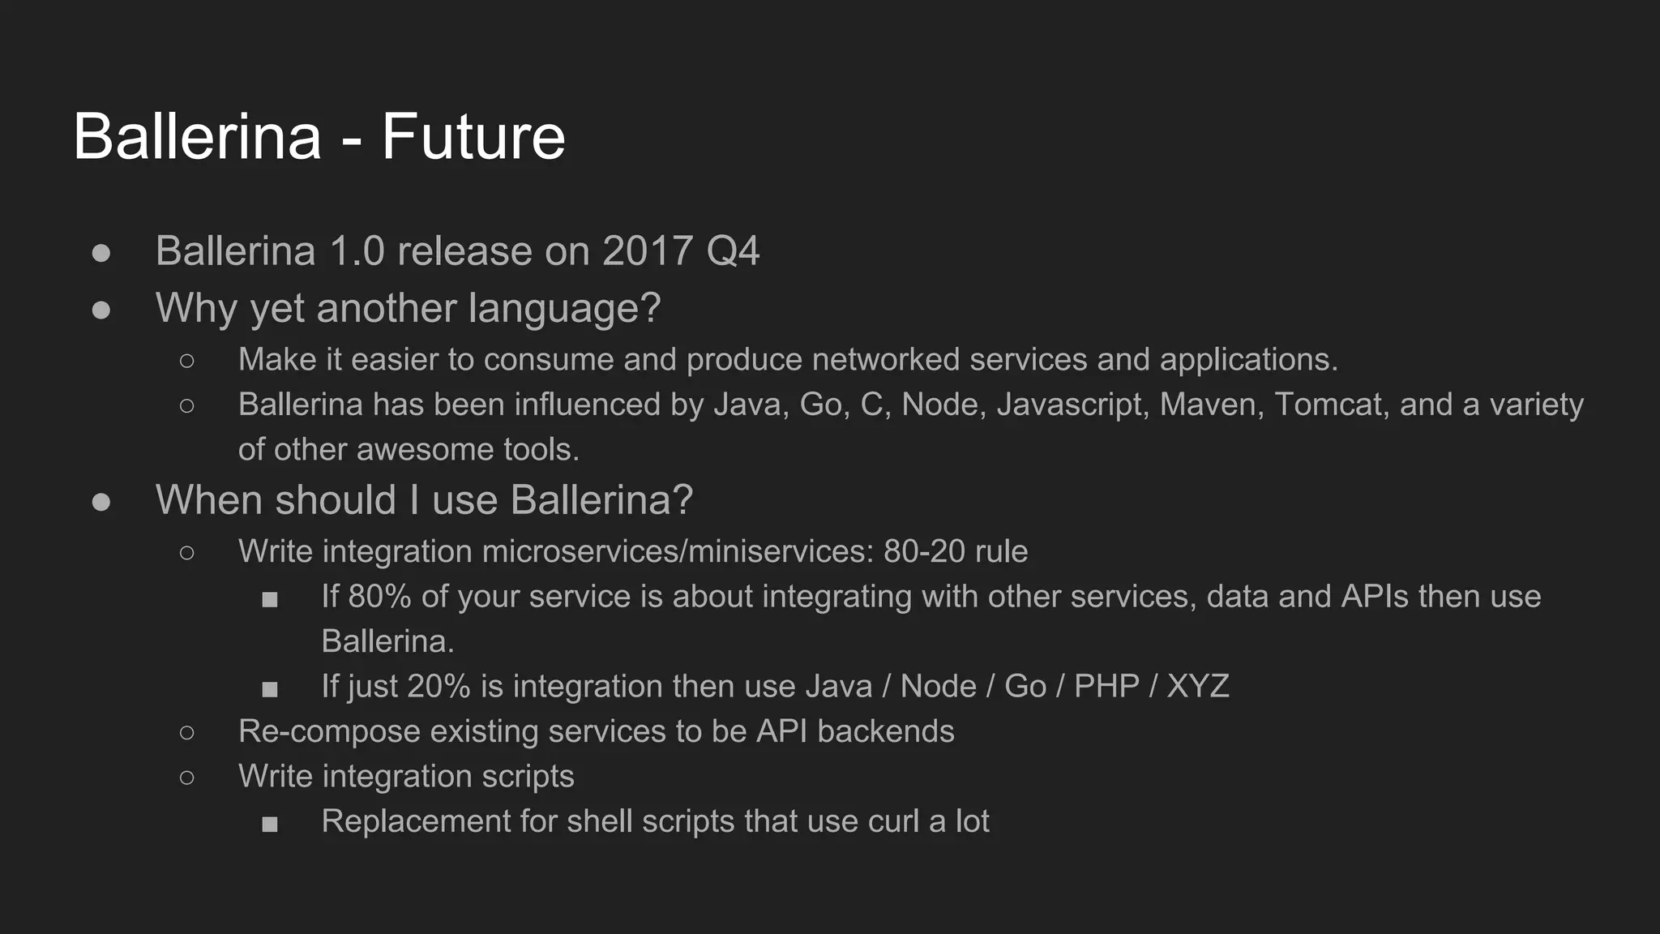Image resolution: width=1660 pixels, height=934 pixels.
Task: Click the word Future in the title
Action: tap(473, 136)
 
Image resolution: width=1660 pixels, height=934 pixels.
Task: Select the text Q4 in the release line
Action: tap(733, 251)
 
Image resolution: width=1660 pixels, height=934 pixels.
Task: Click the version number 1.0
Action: tap(357, 251)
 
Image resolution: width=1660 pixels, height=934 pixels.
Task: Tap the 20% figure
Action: tap(439, 687)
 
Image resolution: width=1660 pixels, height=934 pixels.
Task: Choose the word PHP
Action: tap(1106, 687)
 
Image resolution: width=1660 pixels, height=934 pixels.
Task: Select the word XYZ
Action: tap(1198, 687)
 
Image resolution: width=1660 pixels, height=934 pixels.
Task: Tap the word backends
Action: tap(885, 731)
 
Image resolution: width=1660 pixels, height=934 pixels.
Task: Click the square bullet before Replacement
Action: tap(270, 825)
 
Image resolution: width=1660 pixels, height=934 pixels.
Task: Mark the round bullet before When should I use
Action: tap(101, 502)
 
